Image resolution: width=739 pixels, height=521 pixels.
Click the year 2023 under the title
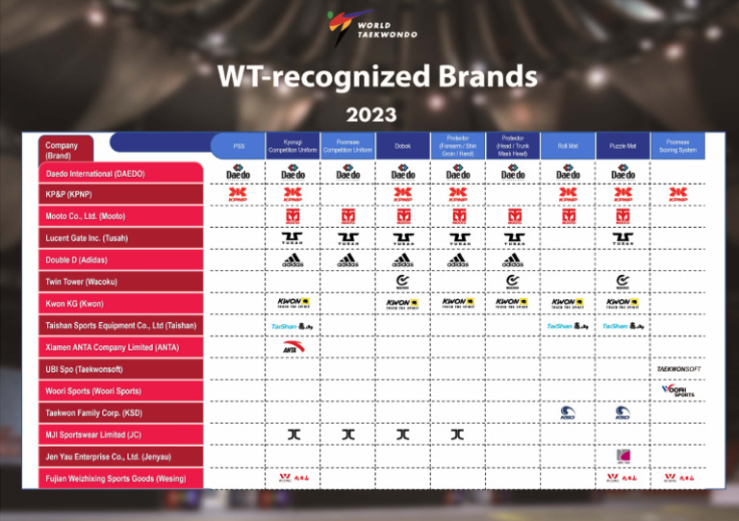(370, 114)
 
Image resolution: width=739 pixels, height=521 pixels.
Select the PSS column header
(238, 146)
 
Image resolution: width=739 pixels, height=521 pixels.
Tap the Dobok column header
(402, 146)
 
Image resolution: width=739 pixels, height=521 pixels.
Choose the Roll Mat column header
(568, 146)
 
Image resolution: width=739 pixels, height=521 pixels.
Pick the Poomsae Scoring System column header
(677, 146)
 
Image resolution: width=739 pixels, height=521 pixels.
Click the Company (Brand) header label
(66, 150)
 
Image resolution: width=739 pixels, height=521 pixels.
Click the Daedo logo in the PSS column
(238, 173)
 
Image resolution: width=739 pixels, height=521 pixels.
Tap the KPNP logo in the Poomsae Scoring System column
(677, 194)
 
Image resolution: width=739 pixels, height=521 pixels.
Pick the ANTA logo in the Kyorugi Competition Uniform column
(293, 347)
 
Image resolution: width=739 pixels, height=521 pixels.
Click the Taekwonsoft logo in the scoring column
(677, 369)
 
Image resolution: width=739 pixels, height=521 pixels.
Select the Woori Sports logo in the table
(677, 390)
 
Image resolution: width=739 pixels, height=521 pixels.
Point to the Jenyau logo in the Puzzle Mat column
(623, 456)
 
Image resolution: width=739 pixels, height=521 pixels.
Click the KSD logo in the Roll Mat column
(568, 412)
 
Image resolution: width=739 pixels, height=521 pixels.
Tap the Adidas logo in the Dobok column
(402, 260)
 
